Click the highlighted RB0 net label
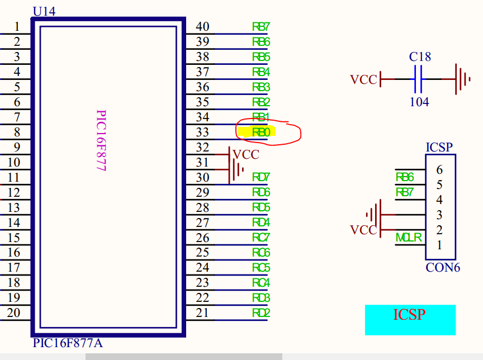coord(261,132)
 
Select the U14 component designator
coord(44,11)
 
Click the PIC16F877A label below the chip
coord(68,343)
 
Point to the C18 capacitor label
coord(420,57)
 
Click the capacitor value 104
coord(419,102)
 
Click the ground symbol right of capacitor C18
coord(462,79)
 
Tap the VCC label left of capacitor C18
coord(363,79)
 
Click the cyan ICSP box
coord(410,320)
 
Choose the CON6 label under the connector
coord(443,267)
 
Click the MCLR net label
coord(409,238)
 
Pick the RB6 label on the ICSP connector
coord(404,177)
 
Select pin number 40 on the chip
coord(202,26)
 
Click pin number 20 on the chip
coord(13,312)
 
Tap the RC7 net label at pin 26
coord(261,238)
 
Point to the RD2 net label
coord(261,313)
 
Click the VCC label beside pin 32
coord(246,154)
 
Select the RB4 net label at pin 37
coord(261,72)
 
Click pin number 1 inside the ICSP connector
coord(439,245)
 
